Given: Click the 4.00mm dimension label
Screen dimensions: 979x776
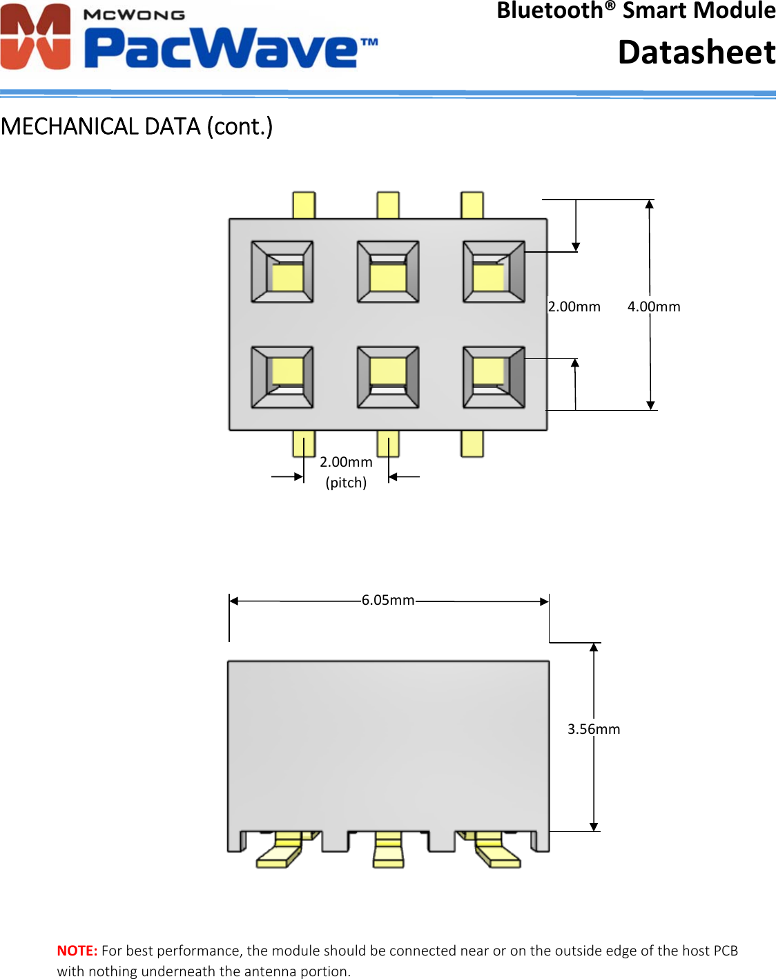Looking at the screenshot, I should point(653,307).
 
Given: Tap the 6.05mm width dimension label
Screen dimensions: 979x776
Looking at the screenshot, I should point(388,601).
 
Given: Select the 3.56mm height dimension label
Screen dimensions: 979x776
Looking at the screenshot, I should point(593,729).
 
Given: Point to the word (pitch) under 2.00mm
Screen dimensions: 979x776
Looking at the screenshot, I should point(346,483).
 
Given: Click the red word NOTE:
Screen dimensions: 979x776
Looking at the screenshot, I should point(77,951).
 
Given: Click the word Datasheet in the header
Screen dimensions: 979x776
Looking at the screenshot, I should point(696,52).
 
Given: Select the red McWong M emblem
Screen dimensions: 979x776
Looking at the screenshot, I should point(36,37).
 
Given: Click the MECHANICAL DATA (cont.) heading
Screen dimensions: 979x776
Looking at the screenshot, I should point(137,126).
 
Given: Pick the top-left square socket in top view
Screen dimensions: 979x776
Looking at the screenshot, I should point(282,272).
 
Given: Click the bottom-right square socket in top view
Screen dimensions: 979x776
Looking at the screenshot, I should point(494,377).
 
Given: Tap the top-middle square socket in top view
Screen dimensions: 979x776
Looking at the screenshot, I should point(388,272).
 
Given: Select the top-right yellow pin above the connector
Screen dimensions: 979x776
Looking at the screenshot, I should point(472,206).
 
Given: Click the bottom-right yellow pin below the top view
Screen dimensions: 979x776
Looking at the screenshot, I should point(472,443).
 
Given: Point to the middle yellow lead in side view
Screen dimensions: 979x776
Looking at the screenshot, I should point(388,851).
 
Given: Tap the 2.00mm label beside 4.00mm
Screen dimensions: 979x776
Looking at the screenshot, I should point(574,307).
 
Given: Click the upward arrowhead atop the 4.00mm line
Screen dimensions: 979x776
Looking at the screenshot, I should point(649,204).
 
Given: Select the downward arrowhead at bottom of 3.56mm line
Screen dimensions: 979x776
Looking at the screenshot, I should point(594,826).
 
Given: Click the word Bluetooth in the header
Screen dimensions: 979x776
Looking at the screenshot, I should point(550,11).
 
